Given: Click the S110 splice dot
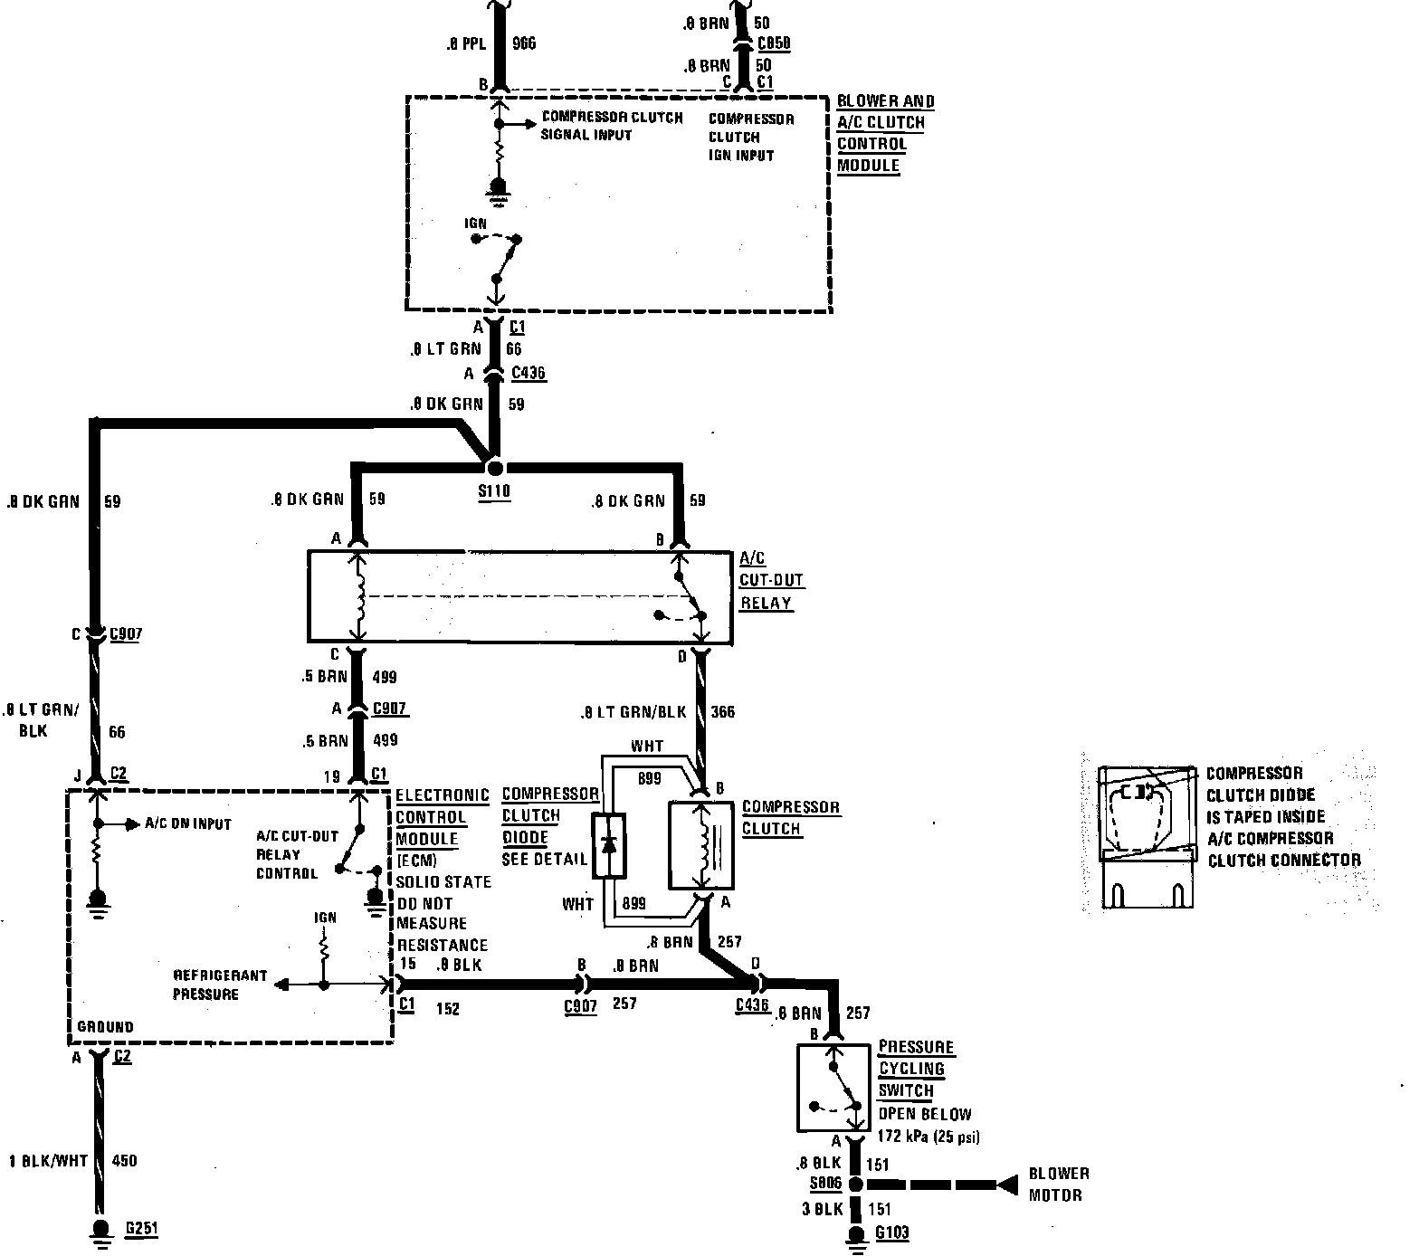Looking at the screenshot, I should [x=494, y=469].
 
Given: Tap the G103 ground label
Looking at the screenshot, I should [x=891, y=1232].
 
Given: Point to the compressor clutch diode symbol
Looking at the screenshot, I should [x=609, y=844].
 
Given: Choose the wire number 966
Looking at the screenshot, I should [x=525, y=43].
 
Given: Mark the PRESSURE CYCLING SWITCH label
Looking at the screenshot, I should [x=915, y=1069].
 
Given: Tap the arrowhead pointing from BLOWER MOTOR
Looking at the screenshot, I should [x=1005, y=1185].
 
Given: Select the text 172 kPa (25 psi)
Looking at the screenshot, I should [x=929, y=1137].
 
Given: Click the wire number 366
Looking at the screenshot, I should [x=724, y=711].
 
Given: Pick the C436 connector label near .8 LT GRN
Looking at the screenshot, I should [x=529, y=373].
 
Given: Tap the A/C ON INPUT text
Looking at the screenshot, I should [x=188, y=823].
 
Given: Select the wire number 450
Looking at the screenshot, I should [x=124, y=1160].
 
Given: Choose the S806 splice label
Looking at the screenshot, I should [x=826, y=1184].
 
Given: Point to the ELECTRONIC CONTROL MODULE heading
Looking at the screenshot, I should [x=443, y=816].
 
